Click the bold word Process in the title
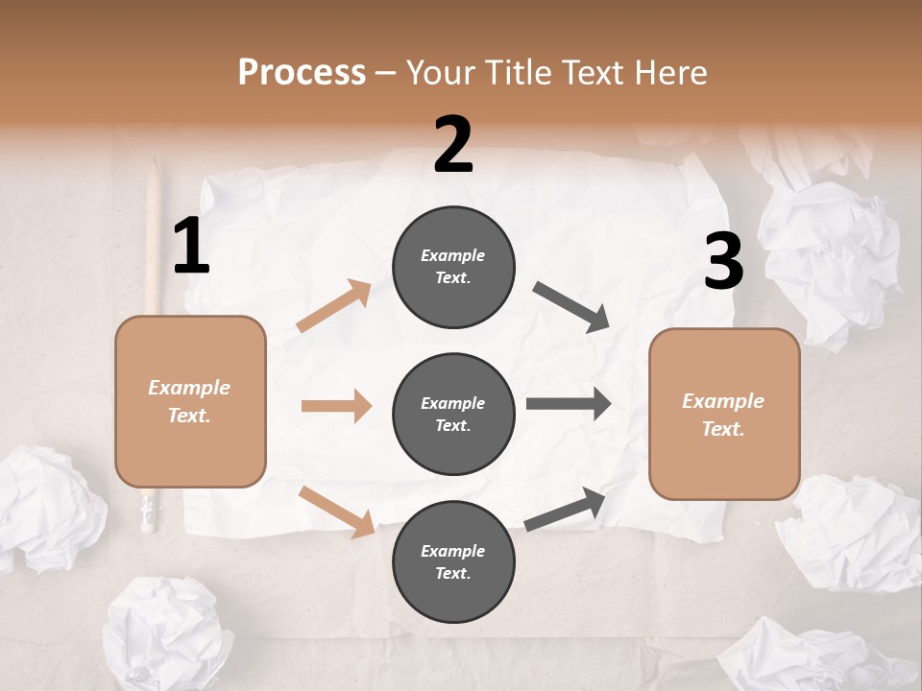point(302,73)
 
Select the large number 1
point(191,247)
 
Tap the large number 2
point(453,145)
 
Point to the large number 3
point(723,262)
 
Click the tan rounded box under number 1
point(190,401)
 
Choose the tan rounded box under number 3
point(723,415)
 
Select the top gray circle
point(453,267)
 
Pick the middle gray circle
point(453,415)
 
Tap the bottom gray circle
point(453,562)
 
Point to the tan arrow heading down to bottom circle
point(336,511)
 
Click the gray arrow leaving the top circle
point(571,307)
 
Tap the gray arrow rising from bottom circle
point(565,510)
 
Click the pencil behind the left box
point(152,240)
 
